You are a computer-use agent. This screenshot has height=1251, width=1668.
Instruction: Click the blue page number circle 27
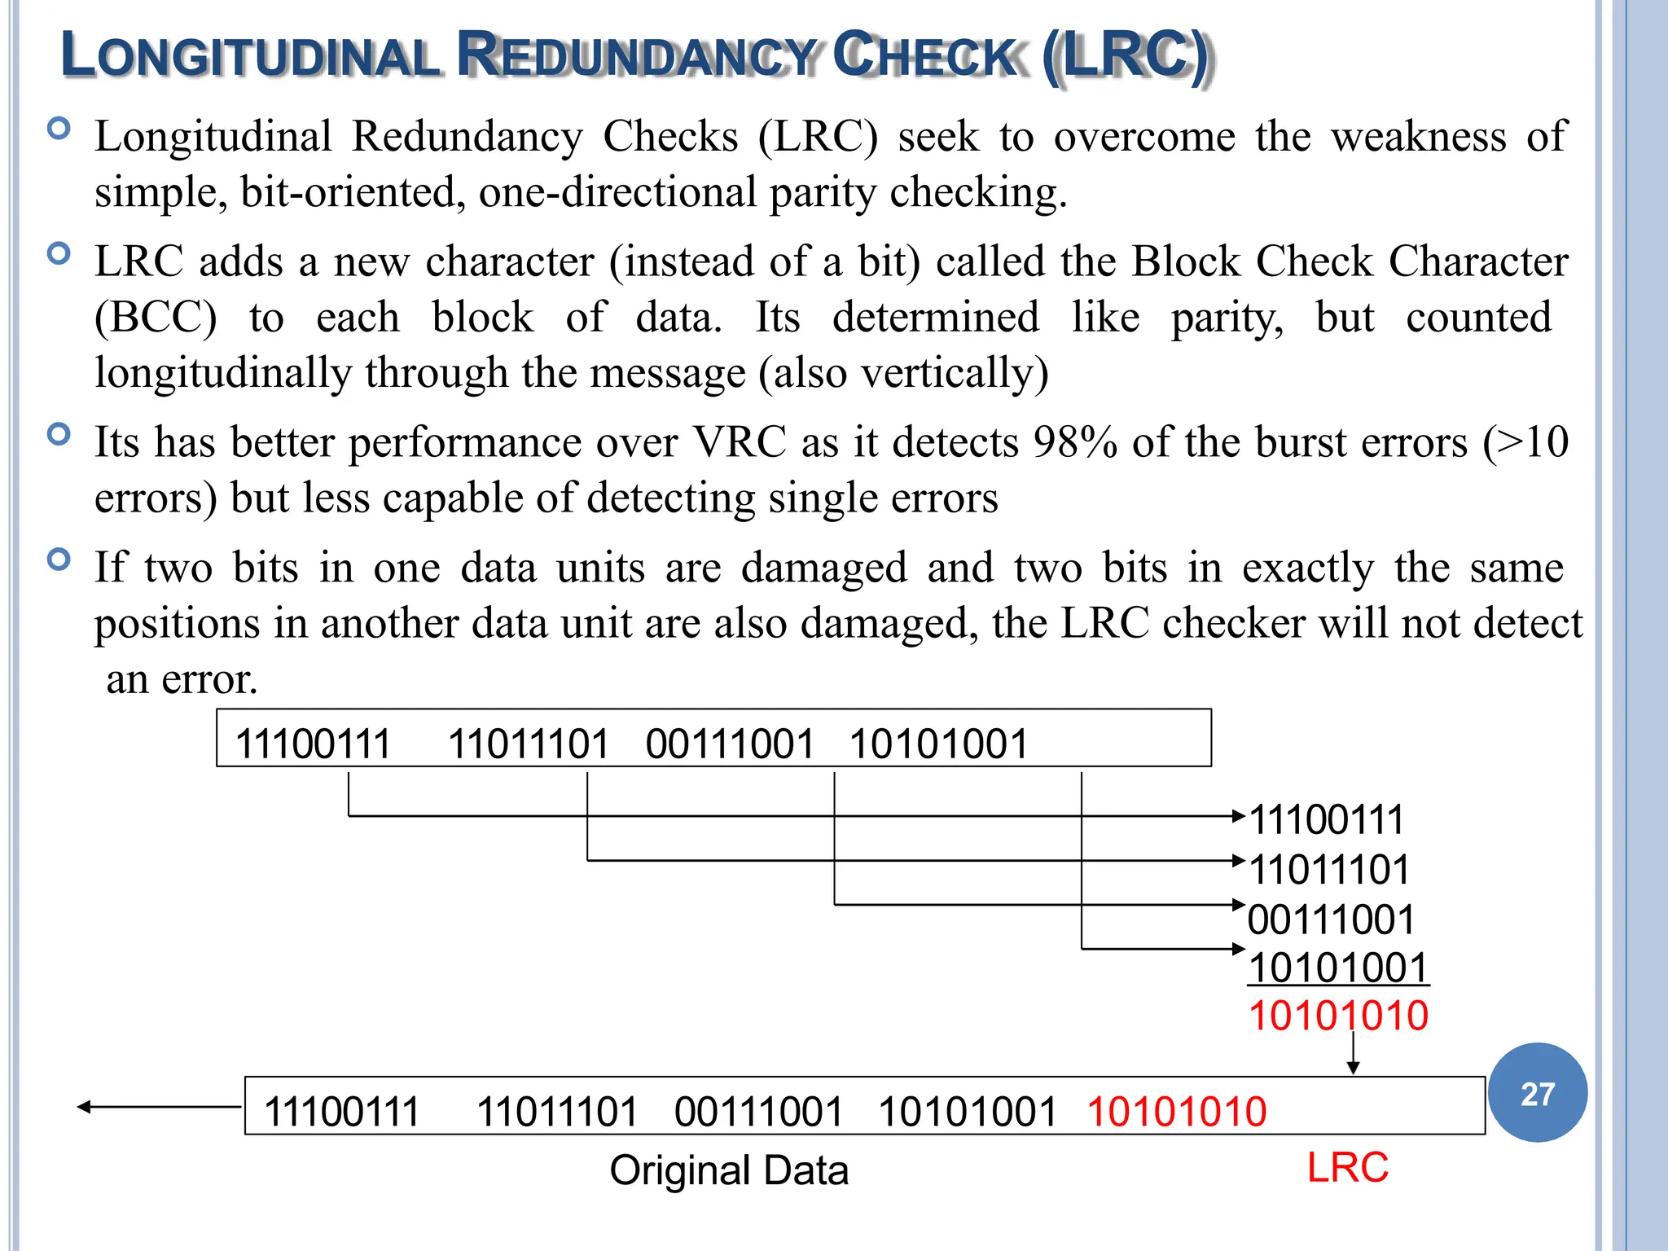(1537, 1093)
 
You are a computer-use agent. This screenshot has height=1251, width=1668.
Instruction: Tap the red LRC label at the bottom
(1347, 1167)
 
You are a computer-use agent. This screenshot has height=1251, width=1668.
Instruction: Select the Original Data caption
(729, 1170)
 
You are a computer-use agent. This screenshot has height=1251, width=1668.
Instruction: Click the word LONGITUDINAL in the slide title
(250, 55)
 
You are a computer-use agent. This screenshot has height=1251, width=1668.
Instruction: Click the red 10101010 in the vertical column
(1338, 1016)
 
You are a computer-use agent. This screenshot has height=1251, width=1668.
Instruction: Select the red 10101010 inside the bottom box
(1177, 1112)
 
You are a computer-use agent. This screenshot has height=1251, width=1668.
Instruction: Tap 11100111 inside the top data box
(314, 744)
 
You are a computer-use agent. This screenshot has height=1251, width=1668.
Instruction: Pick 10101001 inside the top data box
(938, 744)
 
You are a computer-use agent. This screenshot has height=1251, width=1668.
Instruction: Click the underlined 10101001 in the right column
(1338, 968)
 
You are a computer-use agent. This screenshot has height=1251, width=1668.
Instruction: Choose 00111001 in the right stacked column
(1331, 920)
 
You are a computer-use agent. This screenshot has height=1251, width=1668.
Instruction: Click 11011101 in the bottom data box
(557, 1112)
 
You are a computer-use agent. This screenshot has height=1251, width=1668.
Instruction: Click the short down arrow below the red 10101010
(1353, 1055)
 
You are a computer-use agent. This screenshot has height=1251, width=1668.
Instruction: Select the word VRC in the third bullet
(740, 442)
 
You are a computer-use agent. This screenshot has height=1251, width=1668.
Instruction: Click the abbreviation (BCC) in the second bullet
(156, 317)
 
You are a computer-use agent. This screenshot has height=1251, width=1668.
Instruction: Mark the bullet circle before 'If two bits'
(59, 560)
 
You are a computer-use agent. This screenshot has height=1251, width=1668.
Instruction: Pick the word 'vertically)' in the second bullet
(955, 373)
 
